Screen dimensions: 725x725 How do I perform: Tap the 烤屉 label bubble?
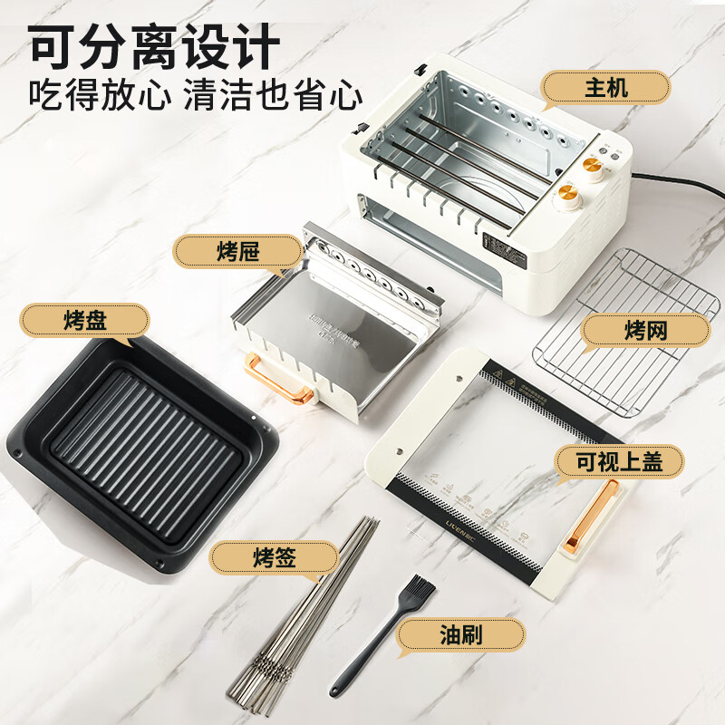pyautogui.click(x=237, y=251)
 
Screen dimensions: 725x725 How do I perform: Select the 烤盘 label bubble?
pyautogui.click(x=86, y=321)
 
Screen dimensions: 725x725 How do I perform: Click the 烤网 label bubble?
pyautogui.click(x=644, y=331)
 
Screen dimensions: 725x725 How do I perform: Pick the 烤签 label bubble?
pyautogui.click(x=275, y=556)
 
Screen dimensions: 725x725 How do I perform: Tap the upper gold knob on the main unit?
pyautogui.click(x=594, y=165)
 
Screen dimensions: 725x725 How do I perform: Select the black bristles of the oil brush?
pyautogui.click(x=420, y=589)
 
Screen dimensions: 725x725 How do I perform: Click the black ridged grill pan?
pyautogui.click(x=145, y=453)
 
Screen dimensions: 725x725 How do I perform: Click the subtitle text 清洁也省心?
pyautogui.click(x=273, y=94)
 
